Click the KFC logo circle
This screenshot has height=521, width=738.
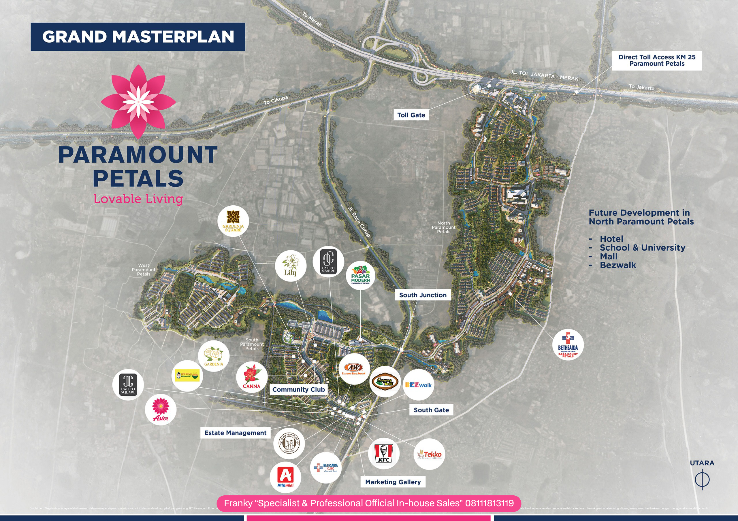[383, 454]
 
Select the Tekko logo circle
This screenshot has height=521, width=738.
[429, 454]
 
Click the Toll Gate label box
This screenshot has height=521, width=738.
[411, 115]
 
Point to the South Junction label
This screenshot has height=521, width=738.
[423, 295]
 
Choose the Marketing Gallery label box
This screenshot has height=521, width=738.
[393, 482]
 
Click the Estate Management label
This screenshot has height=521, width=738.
[235, 433]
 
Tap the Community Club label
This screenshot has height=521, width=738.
[298, 389]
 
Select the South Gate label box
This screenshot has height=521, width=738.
[431, 410]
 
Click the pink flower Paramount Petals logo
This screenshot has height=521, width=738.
[138, 101]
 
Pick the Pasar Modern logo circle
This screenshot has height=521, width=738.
[360, 275]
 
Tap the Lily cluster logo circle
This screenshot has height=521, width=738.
[291, 266]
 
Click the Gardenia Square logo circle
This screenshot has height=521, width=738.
[233, 221]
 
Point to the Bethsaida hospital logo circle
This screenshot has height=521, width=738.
[568, 345]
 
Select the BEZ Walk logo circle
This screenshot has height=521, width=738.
[418, 385]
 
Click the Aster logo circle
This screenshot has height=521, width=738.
[161, 410]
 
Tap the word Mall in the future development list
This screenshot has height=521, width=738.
[609, 256]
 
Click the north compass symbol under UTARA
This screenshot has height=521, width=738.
[702, 480]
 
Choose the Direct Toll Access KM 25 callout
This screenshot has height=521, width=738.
[657, 60]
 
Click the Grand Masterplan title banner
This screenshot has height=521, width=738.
[138, 37]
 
